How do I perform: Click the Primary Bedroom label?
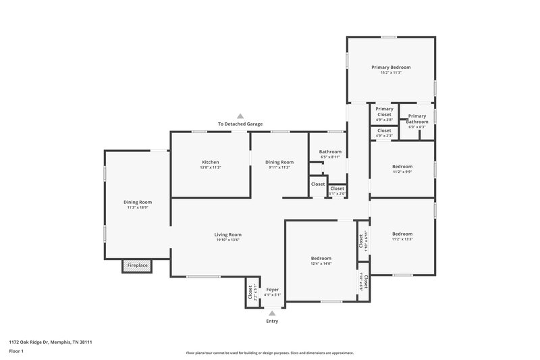point(391,68)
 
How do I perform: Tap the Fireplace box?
point(138,265)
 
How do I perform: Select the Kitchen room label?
point(211,162)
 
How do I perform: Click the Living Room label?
point(229,234)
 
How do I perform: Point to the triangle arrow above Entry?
point(272,313)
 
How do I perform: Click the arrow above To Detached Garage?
point(240,116)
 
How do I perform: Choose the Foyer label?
point(272,290)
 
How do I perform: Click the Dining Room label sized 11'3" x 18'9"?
point(137,202)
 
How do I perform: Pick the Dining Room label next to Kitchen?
point(279,162)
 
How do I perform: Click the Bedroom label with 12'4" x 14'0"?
point(321,259)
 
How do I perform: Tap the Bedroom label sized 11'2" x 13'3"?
point(402,234)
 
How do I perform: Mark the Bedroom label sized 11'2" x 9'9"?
point(402,166)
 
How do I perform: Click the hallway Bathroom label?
point(330,152)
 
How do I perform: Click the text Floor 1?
point(16,351)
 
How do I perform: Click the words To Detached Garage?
point(240,124)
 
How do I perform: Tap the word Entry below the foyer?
point(271,321)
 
